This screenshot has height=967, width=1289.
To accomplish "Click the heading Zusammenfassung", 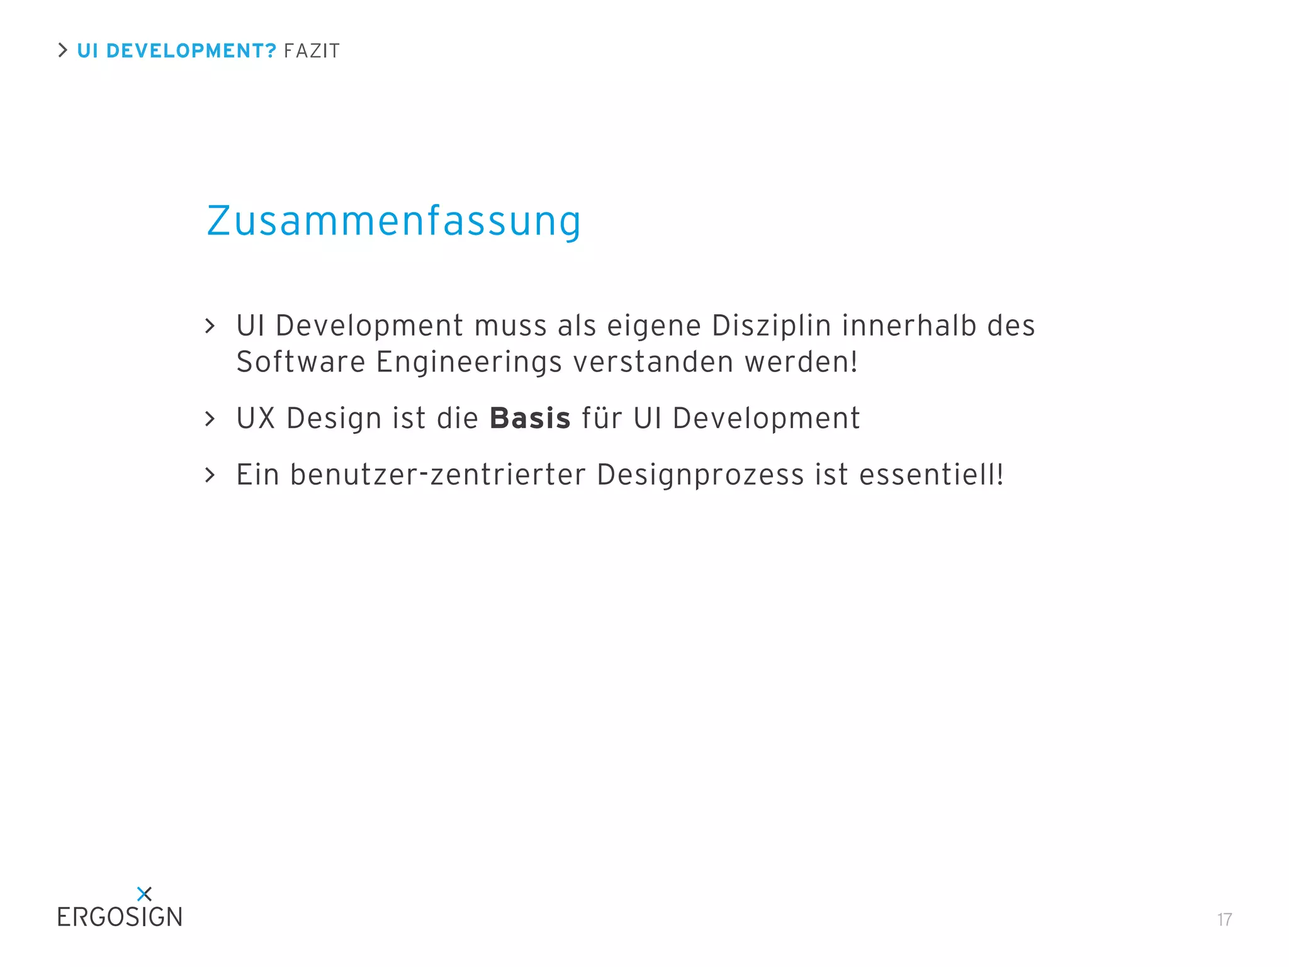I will [393, 222].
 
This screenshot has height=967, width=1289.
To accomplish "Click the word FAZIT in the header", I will [312, 51].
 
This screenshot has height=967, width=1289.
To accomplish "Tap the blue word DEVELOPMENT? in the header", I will [191, 51].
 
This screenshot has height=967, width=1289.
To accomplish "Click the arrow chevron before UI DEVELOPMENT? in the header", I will [62, 50].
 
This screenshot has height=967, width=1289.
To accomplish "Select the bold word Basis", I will [530, 419].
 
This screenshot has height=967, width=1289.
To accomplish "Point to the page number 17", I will [1224, 920].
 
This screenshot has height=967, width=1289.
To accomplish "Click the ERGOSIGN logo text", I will [120, 917].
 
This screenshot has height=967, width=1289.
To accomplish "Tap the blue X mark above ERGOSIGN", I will [144, 893].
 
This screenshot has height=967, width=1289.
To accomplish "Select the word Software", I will [300, 362].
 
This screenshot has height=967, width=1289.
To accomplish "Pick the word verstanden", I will [653, 362].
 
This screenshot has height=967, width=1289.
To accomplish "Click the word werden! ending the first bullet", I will [801, 362].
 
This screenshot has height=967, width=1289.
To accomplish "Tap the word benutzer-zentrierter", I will [437, 475].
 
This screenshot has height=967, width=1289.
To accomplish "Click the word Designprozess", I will [700, 475].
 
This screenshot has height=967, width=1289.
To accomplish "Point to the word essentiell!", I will [932, 475].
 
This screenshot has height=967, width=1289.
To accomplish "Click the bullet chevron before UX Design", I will [210, 419].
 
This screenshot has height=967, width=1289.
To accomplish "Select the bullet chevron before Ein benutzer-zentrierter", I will [210, 475].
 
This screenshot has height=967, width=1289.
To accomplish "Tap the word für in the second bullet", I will [602, 419].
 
